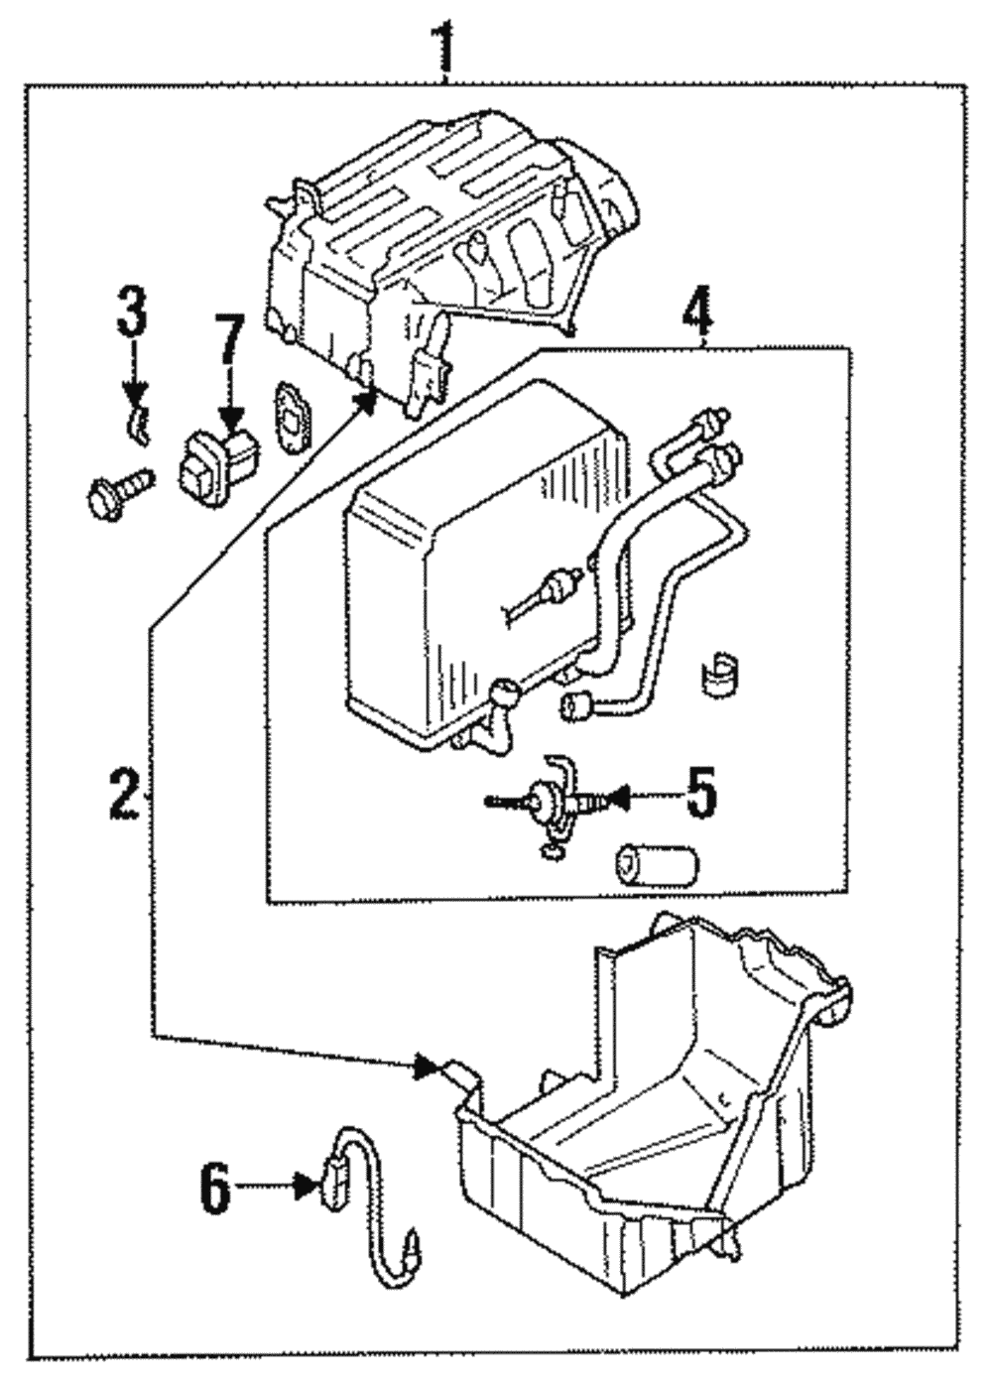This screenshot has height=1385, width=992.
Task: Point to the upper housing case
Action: point(436,238)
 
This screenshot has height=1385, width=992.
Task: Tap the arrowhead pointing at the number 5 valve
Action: point(617,795)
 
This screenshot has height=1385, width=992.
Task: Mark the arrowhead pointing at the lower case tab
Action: point(428,1068)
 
